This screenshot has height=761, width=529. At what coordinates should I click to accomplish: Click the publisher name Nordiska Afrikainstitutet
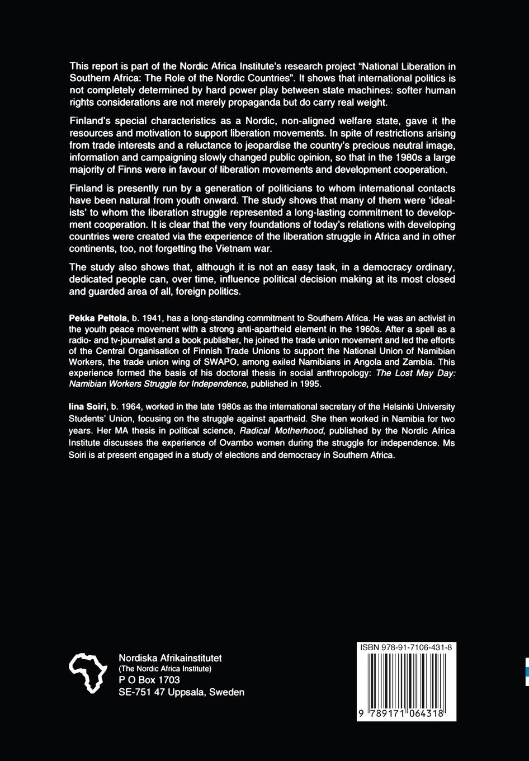171,658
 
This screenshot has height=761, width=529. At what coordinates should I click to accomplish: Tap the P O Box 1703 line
149,680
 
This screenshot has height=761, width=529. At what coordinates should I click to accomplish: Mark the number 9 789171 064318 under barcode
406,714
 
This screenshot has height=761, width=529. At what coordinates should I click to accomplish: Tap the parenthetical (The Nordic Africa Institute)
165,669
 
